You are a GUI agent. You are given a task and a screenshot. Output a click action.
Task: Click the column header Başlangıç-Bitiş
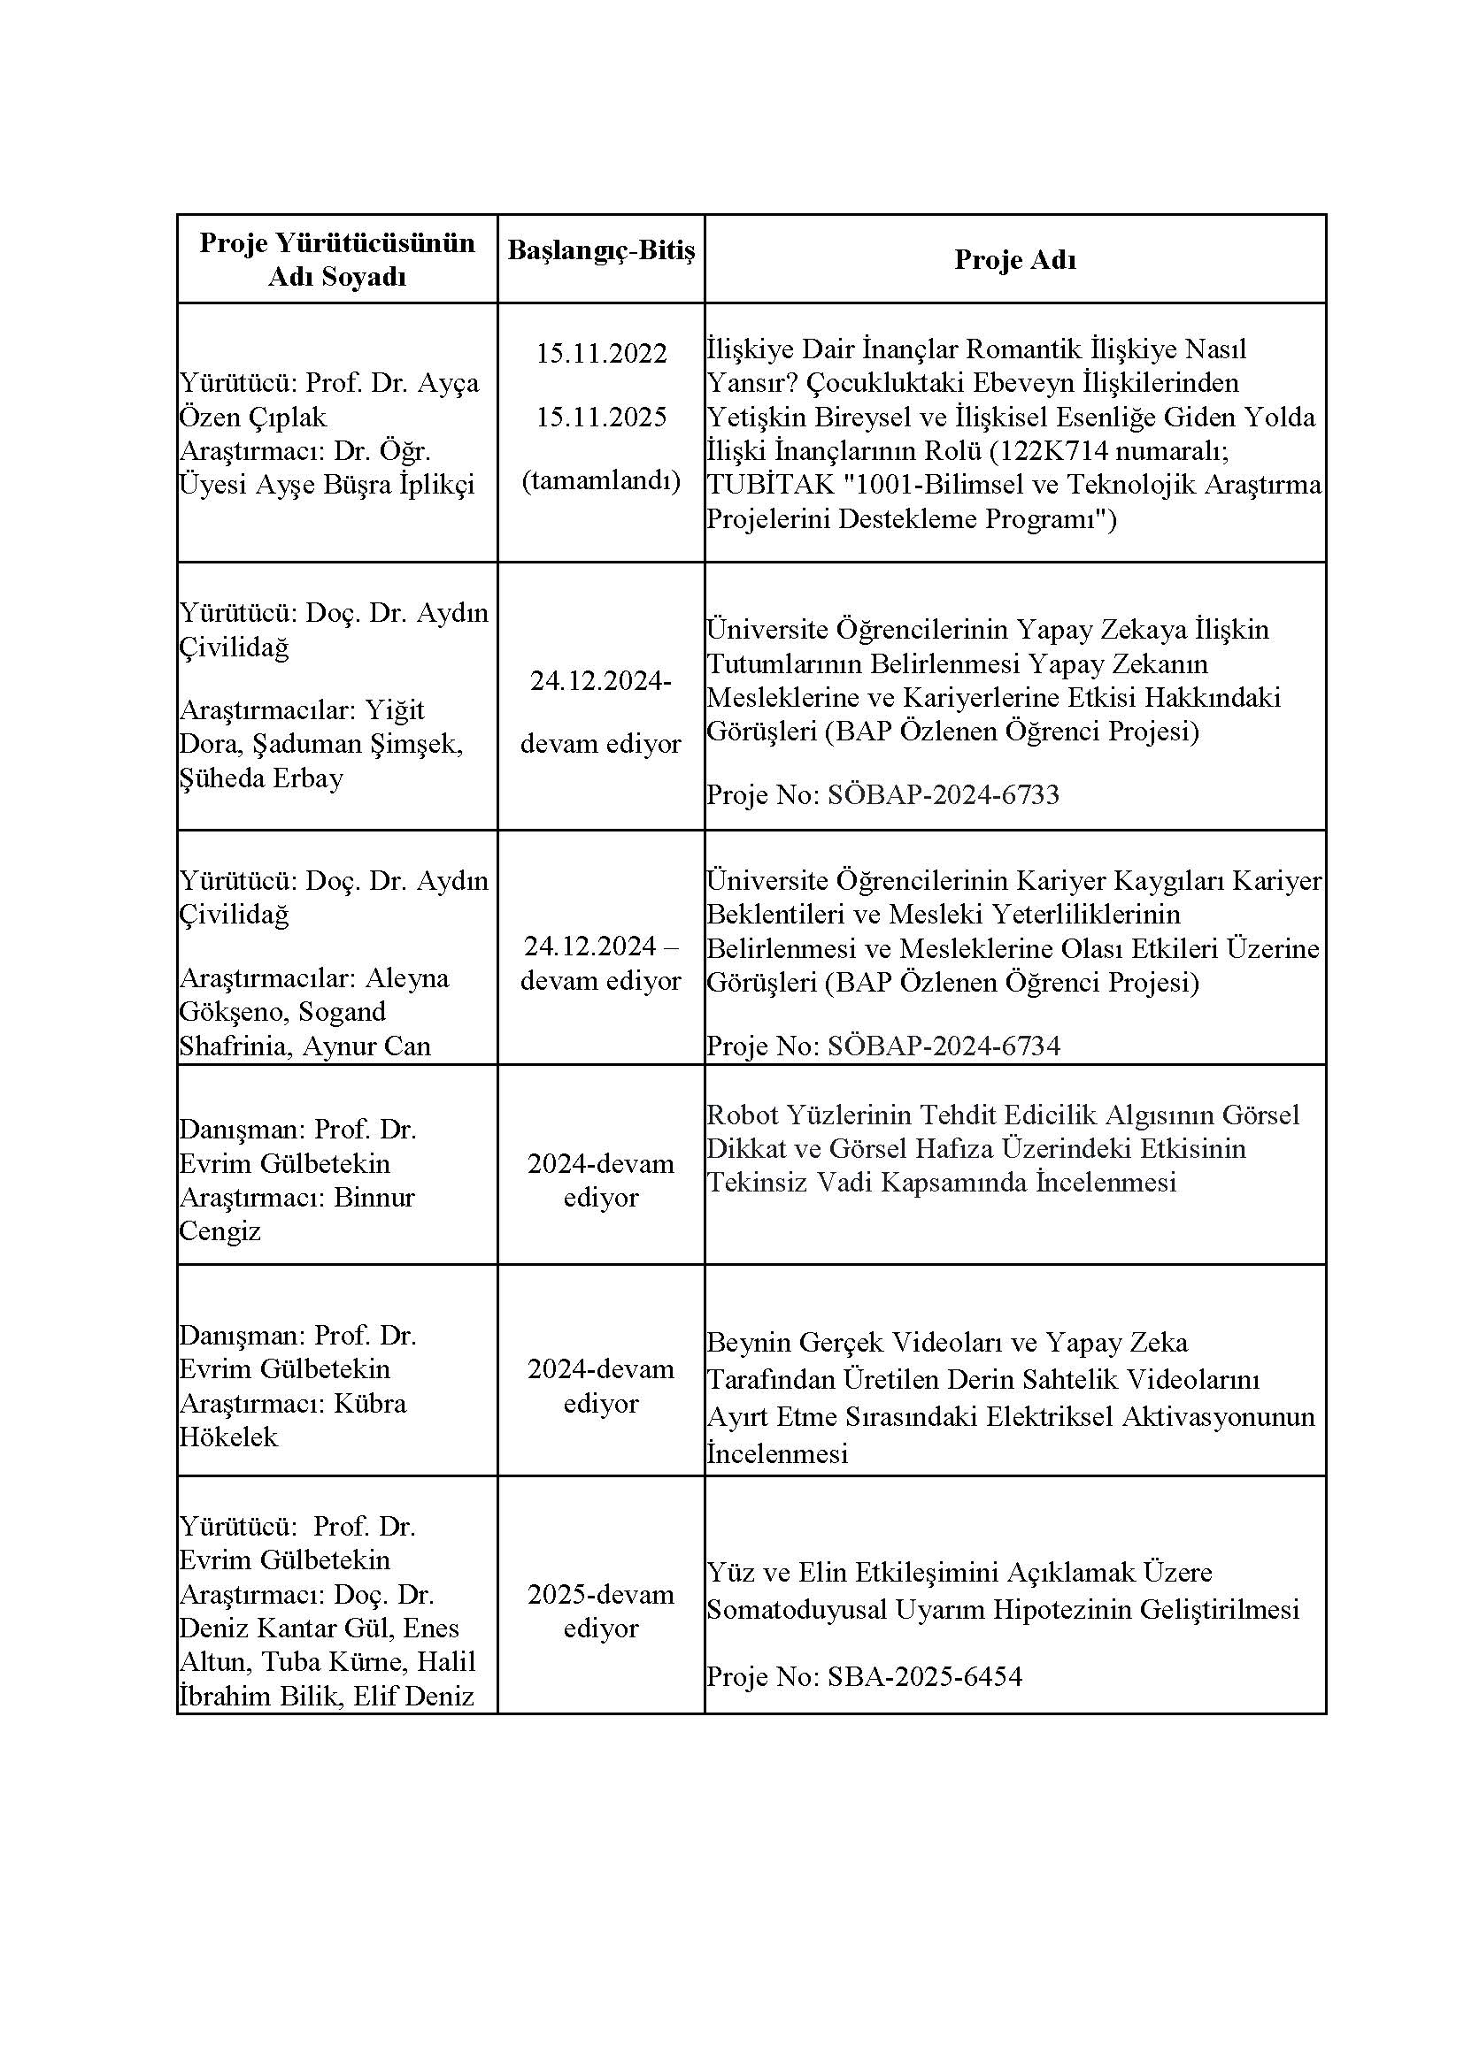600,250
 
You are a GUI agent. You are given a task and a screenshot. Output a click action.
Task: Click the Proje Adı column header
1015,259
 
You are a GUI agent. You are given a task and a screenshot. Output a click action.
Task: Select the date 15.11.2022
600,353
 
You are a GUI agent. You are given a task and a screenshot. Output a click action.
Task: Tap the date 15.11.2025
600,418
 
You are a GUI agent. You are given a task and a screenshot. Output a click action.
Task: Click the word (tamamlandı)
600,480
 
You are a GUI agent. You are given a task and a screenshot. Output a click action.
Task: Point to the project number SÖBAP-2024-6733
943,795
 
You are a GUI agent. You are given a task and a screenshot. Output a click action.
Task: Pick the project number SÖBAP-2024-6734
943,1046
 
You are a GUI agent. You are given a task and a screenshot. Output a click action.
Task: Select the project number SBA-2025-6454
925,1677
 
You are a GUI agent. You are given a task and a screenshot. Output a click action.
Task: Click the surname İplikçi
436,485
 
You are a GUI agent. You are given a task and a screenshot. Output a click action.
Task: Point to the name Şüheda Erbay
261,778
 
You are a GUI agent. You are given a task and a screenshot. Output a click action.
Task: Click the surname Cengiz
220,1231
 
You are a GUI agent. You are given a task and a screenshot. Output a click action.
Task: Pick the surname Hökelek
229,1437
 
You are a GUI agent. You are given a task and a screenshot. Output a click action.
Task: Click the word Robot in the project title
740,1115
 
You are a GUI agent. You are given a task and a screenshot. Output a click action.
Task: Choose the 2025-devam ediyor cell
600,1610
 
